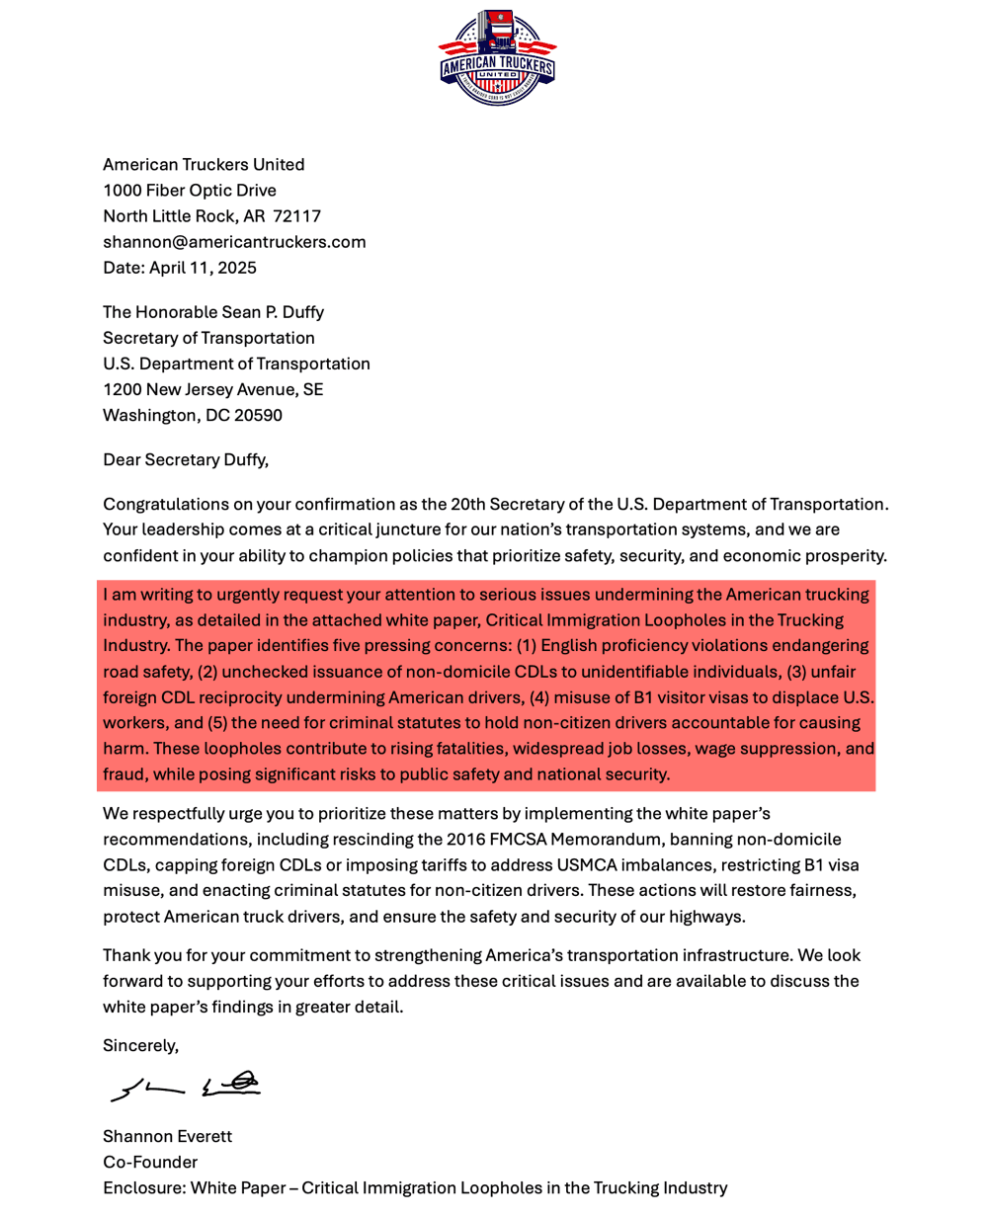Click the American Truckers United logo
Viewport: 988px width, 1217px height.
[x=497, y=57]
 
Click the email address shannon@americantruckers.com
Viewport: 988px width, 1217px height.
[x=234, y=242]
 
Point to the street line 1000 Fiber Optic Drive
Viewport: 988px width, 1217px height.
[x=190, y=191]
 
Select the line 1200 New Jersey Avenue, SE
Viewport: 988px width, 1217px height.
[x=212, y=389]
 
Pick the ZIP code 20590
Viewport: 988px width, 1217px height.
[x=258, y=415]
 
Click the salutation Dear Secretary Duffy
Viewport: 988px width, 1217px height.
[x=186, y=459]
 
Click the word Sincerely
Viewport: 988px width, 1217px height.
[x=140, y=1045]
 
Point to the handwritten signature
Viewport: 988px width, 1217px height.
[x=186, y=1087]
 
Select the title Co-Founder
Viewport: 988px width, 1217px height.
[x=150, y=1163]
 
